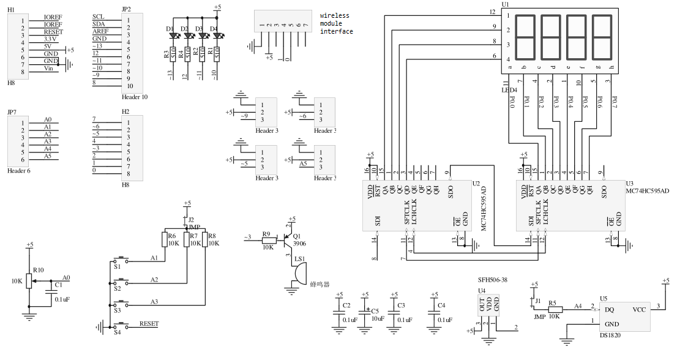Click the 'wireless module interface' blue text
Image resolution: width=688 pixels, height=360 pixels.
pyautogui.click(x=336, y=23)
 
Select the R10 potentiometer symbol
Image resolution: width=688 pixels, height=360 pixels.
pyautogui.click(x=28, y=281)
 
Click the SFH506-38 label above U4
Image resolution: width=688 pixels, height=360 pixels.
pyautogui.click(x=492, y=279)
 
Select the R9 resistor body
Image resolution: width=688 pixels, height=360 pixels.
pyautogui.click(x=268, y=241)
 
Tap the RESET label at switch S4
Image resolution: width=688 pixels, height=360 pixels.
pyautogui.click(x=149, y=324)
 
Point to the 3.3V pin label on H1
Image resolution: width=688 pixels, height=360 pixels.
pyautogui.click(x=50, y=39)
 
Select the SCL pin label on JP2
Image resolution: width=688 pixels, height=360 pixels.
pyautogui.click(x=98, y=17)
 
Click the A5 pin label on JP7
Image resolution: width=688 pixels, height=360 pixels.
pyautogui.click(x=48, y=156)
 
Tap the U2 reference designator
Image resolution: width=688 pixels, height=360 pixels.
pyautogui.click(x=476, y=183)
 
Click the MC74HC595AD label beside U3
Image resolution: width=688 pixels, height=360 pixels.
pyautogui.click(x=648, y=191)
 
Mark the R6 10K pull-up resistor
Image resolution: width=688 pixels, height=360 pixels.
pyautogui.click(x=165, y=240)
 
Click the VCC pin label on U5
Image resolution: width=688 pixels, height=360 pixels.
pyautogui.click(x=639, y=309)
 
